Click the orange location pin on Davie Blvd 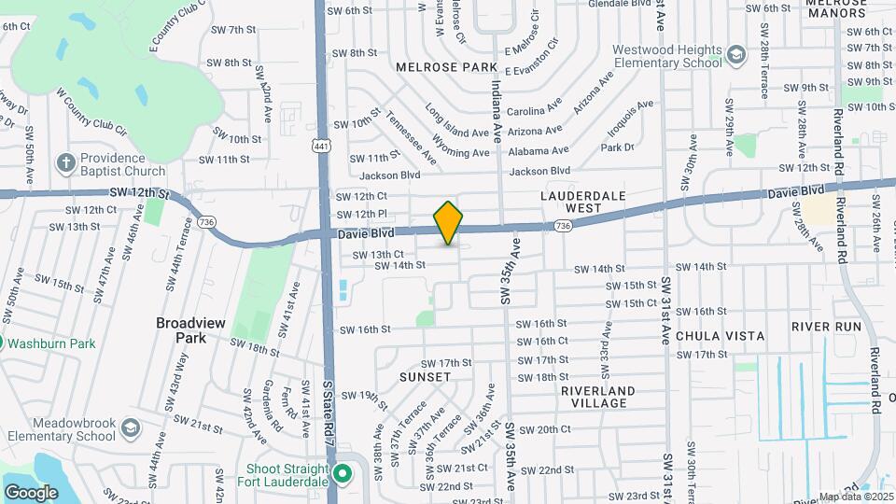coord(449,222)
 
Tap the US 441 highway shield coord(321,147)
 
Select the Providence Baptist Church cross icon coord(66,163)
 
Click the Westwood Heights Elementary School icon coord(736,55)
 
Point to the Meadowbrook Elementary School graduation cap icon coord(130,428)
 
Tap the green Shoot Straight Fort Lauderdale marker coord(342,472)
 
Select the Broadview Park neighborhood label coord(190,329)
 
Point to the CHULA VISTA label coord(720,336)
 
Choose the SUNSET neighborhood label coord(426,377)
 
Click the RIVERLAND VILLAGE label coord(598,397)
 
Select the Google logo coord(31,492)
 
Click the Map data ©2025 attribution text coord(855,497)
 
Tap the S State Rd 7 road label coord(329,411)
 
